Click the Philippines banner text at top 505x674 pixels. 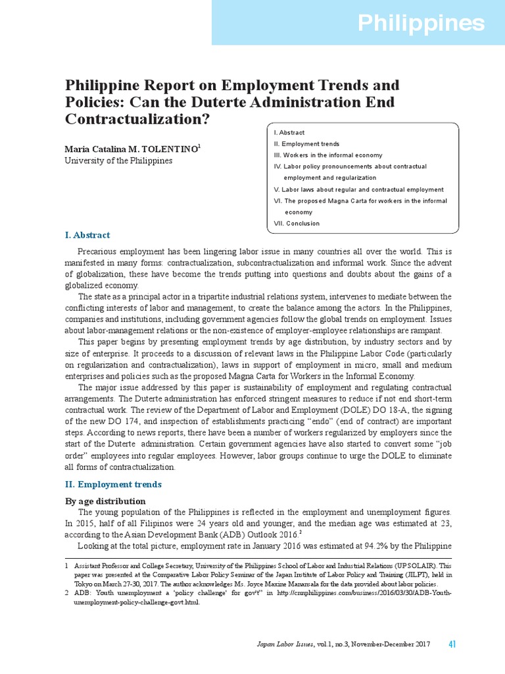[421, 24]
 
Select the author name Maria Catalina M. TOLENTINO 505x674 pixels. [130, 150]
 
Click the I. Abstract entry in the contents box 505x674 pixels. [289, 132]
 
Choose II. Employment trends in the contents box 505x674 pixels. [306, 143]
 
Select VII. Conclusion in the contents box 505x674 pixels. [297, 223]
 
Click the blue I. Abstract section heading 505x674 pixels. [87, 235]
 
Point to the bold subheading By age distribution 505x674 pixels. [104, 501]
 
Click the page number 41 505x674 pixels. [452, 644]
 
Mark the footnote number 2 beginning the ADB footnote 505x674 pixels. [66, 593]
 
